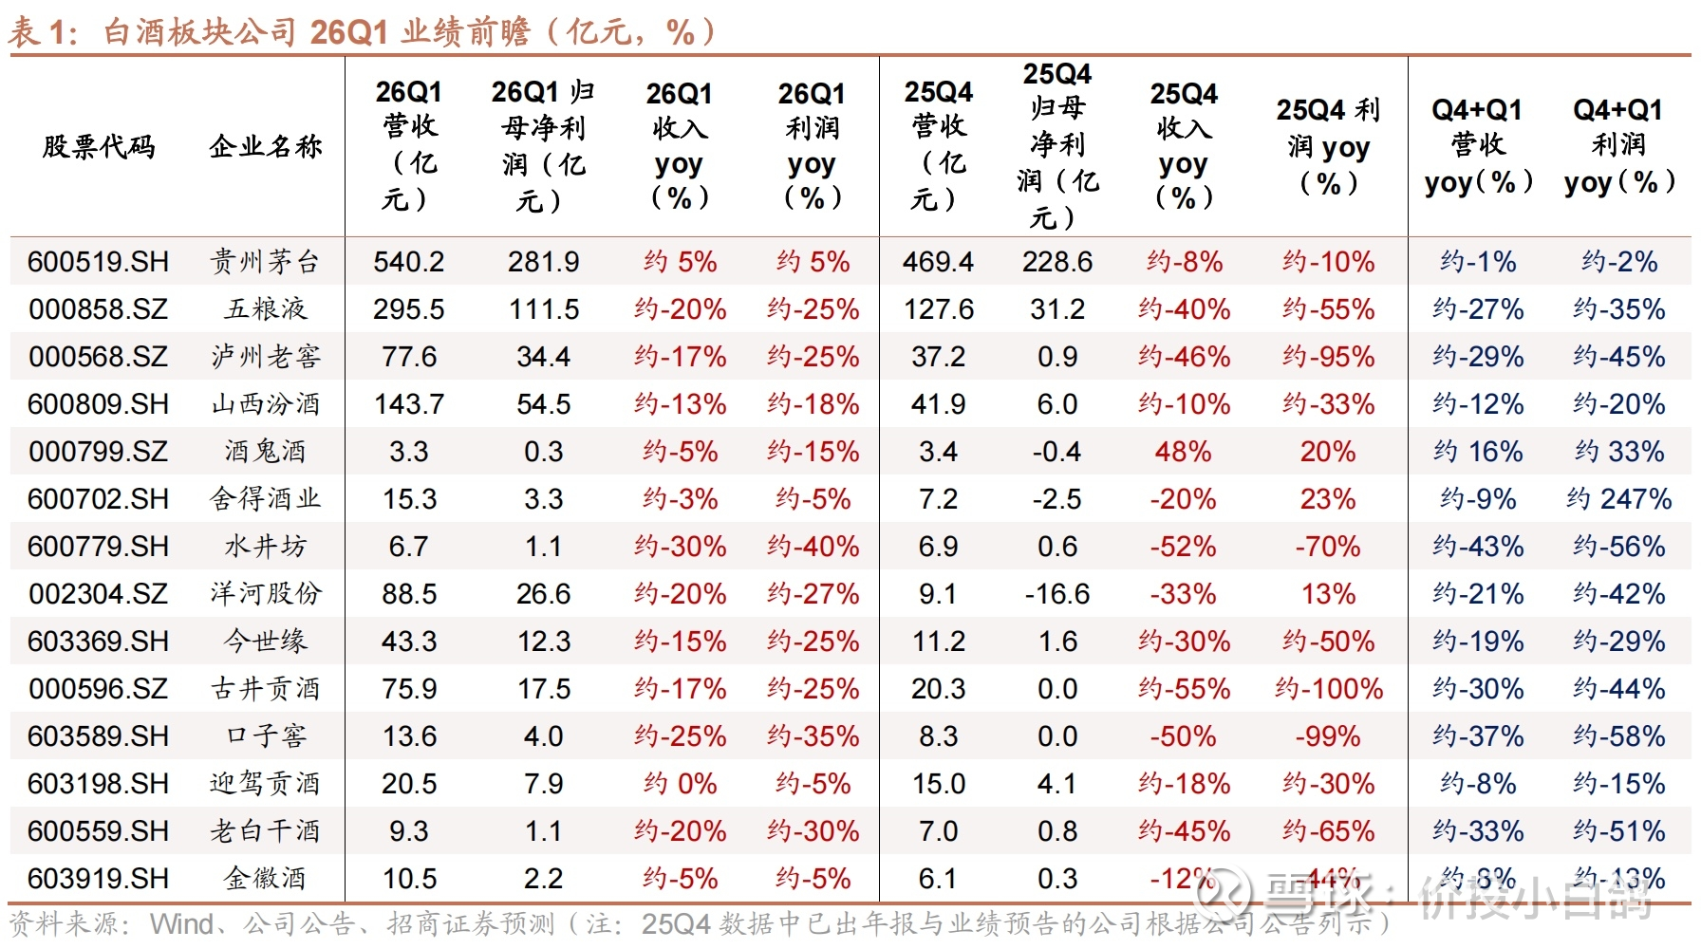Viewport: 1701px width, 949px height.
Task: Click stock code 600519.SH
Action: coord(98,262)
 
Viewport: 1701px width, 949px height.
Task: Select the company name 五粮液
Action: coord(266,309)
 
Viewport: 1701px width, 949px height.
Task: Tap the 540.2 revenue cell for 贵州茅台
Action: coord(408,262)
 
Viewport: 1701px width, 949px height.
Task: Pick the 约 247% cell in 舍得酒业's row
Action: coord(1618,499)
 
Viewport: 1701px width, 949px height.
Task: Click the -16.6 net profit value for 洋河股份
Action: coord(1056,594)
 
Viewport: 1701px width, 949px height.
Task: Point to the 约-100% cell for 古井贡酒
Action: coord(1328,689)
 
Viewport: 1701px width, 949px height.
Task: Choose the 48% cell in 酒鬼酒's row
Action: coord(1183,452)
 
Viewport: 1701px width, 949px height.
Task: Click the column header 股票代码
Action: coord(98,146)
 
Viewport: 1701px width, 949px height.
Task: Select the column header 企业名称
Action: coord(266,146)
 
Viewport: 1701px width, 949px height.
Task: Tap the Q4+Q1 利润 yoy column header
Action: coord(1618,145)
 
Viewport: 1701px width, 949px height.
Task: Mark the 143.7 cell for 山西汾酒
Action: coord(408,404)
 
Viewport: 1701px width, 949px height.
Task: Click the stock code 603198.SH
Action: coord(98,784)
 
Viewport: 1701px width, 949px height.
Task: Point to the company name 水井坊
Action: coord(266,547)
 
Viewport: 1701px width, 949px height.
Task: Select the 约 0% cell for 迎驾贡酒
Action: coord(680,784)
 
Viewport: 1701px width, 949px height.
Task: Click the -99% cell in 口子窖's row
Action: coord(1328,736)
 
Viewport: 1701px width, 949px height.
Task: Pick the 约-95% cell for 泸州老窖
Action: coord(1328,357)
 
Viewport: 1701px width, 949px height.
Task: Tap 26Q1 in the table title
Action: coord(349,31)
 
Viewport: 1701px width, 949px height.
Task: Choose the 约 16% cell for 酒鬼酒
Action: coord(1478,452)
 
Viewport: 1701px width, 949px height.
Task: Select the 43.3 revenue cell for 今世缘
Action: coord(408,642)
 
